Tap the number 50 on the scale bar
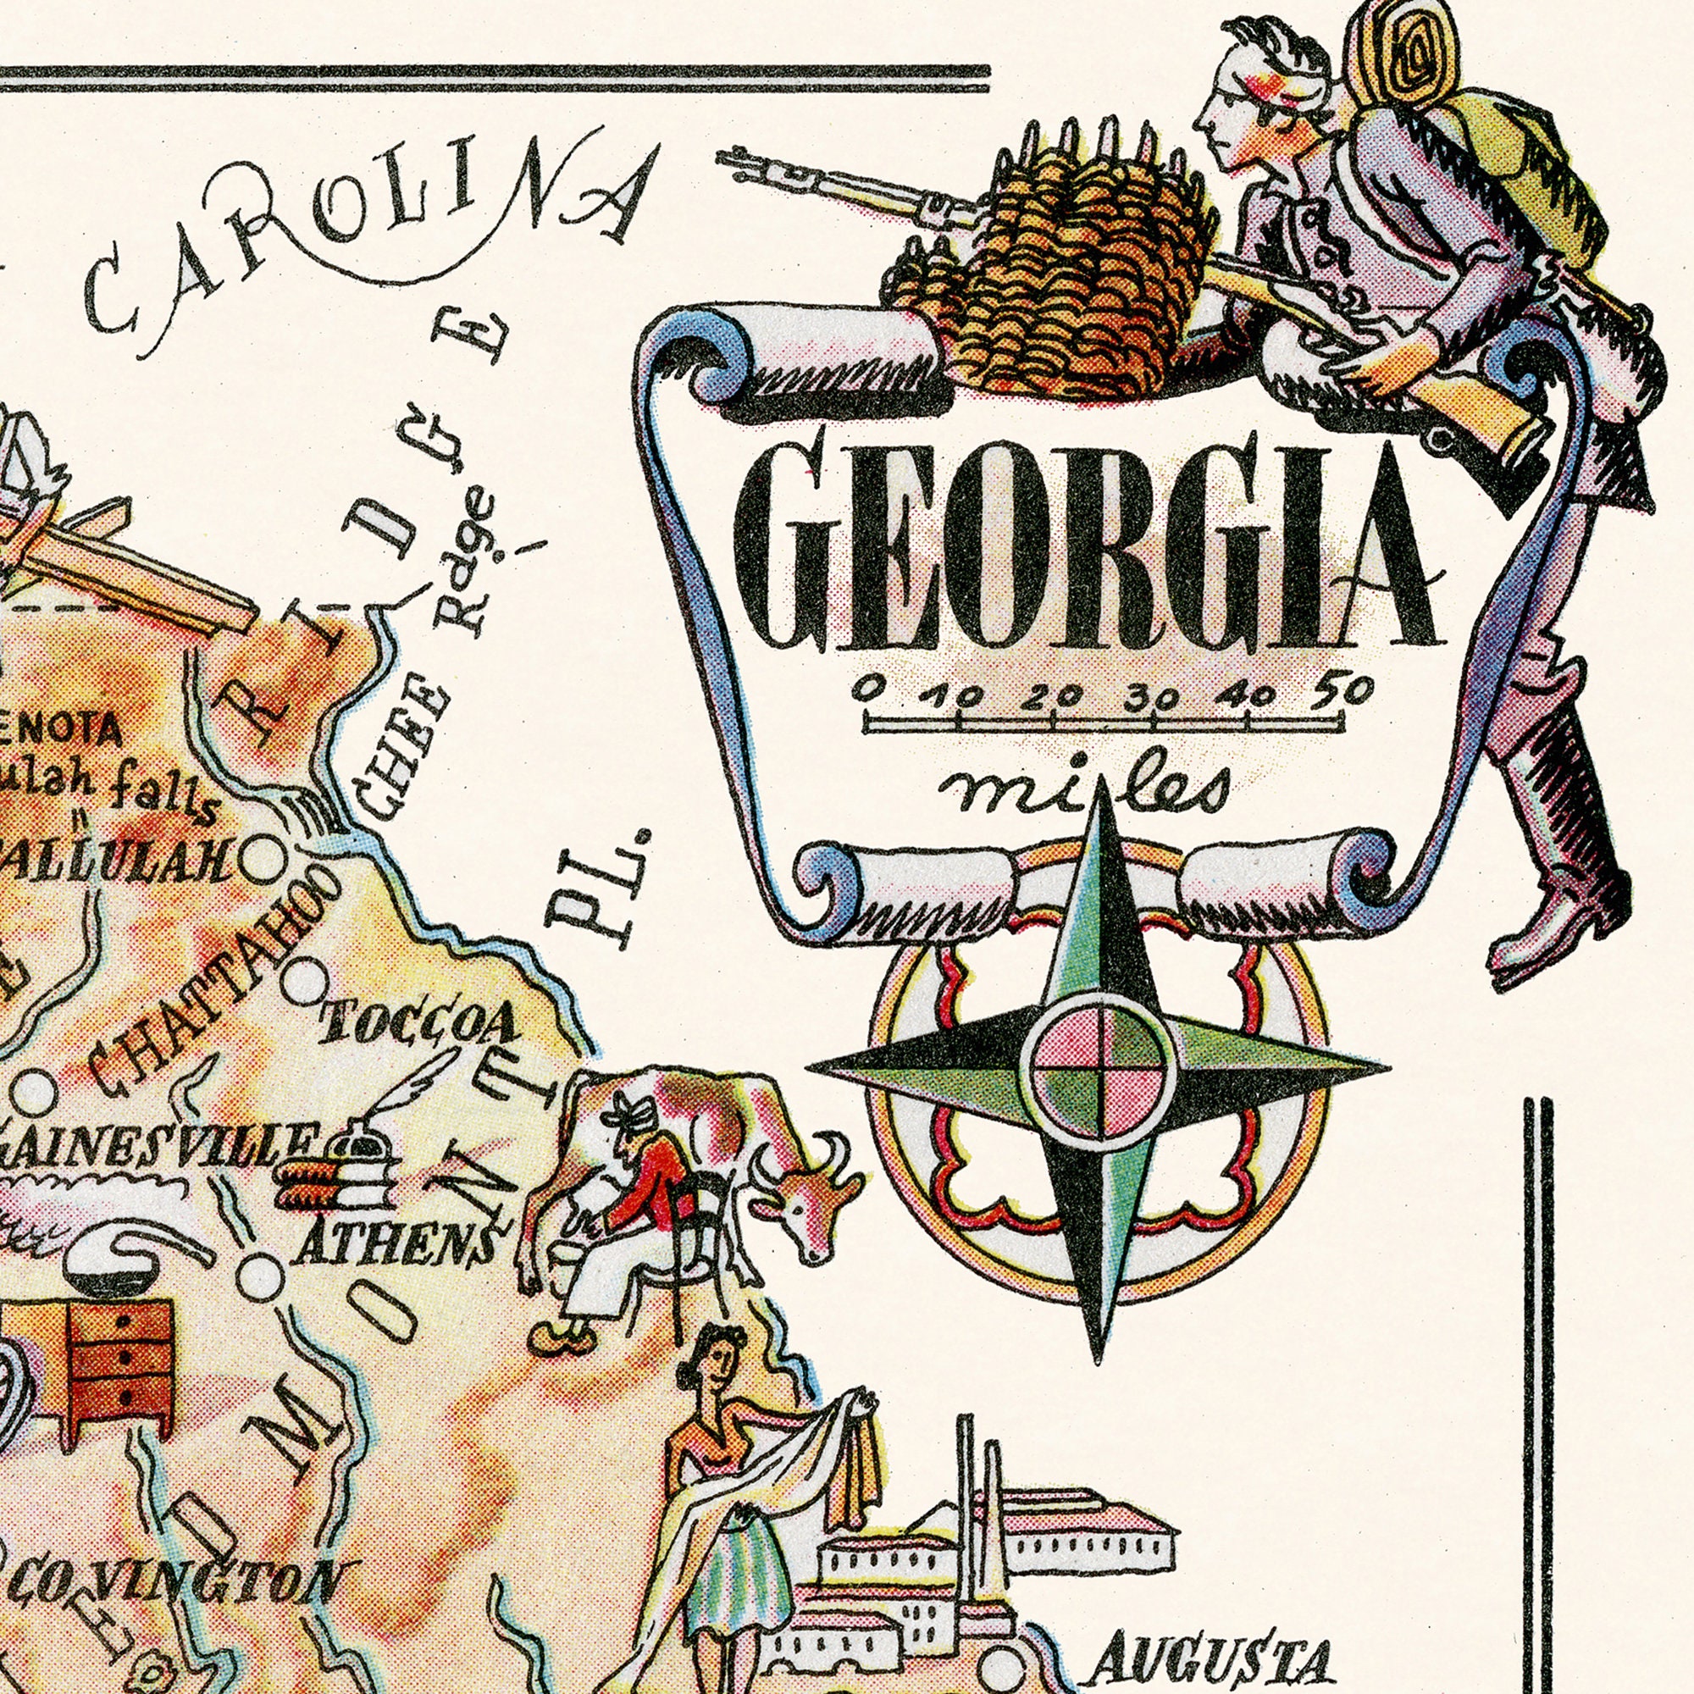[x=1340, y=692]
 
